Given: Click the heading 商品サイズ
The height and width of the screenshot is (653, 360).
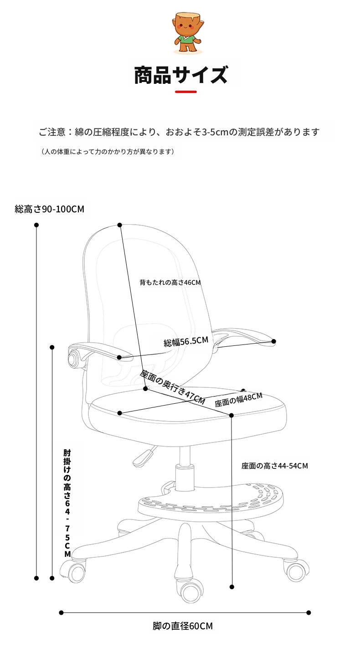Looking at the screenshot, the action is pos(180,75).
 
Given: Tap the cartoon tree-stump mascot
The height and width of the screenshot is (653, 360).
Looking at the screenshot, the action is pos(186,33).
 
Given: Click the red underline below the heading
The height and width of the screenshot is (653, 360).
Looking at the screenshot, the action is pos(185,92).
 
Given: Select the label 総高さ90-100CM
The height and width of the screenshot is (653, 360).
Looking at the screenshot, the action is pos(49,209).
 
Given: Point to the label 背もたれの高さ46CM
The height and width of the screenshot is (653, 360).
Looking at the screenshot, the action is pos(170,282).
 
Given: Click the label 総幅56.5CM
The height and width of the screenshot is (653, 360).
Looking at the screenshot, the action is pos(186,341).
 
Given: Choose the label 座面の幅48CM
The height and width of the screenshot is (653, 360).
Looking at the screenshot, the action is pos(239,400).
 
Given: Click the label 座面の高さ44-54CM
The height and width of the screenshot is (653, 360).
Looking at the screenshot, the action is pos(275,466).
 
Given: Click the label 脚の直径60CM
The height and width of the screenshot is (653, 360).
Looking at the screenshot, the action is pos(183,626).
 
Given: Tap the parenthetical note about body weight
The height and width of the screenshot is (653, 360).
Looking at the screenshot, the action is pos(107,152).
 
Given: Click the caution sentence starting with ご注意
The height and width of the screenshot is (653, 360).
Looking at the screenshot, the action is pos(179,132).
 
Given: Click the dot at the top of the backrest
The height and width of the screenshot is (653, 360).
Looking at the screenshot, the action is pos(119,225).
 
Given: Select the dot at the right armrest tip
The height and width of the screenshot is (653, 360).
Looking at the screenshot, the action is pos(273,341).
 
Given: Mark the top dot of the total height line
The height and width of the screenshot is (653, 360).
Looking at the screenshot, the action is pos(36,225).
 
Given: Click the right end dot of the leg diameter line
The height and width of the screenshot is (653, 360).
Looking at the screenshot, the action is pos(309,613).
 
